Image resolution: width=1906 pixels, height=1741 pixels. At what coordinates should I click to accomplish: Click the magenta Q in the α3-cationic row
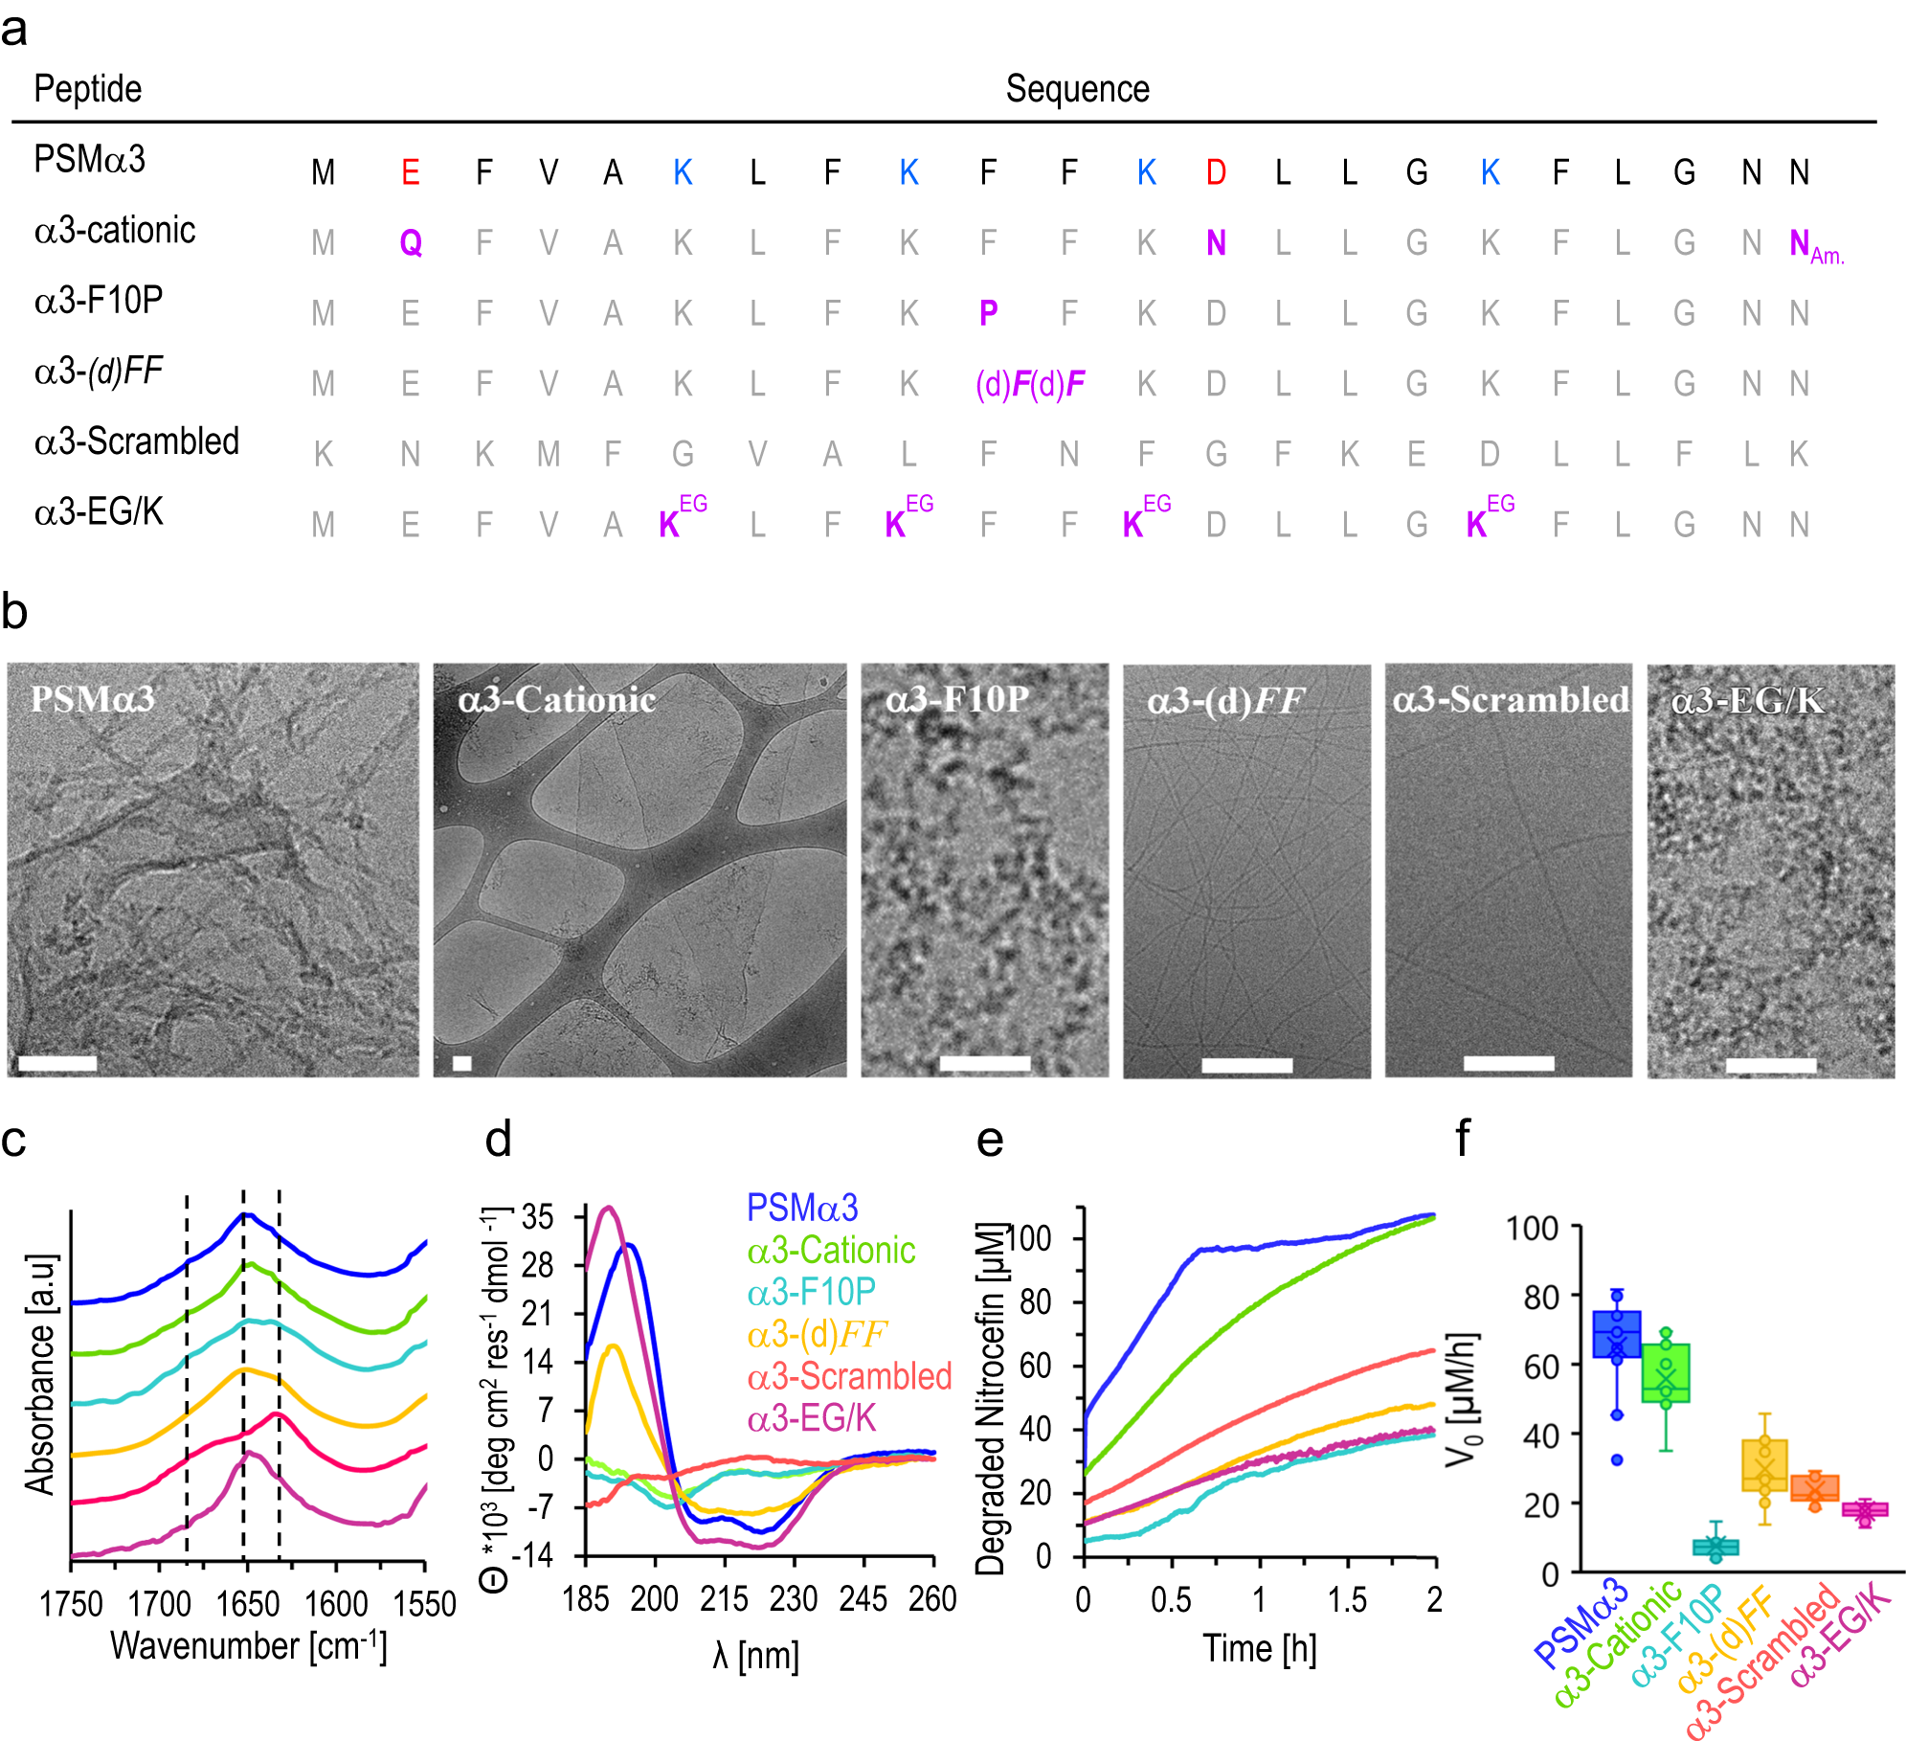point(411,243)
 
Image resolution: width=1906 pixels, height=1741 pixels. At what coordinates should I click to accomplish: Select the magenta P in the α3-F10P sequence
point(989,313)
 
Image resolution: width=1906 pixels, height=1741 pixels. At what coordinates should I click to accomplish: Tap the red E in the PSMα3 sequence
point(411,173)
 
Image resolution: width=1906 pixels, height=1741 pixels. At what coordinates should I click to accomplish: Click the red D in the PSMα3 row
point(1216,173)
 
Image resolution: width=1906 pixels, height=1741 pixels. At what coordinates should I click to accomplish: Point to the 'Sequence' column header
point(1077,89)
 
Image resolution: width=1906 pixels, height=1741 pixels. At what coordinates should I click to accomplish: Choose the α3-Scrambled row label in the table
point(137,442)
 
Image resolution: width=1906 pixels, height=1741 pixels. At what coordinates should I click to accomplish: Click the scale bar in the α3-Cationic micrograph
point(462,1063)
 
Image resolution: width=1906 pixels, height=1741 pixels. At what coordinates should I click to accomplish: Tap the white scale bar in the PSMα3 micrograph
point(57,1063)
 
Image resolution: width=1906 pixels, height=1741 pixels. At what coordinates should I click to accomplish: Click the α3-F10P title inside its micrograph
point(956,700)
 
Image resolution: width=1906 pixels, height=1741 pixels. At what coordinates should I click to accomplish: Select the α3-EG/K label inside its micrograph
point(1747,701)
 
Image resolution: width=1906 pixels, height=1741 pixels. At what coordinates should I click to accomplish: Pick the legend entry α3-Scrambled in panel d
point(849,1376)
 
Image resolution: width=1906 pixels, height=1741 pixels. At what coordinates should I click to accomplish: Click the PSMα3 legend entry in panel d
point(802,1209)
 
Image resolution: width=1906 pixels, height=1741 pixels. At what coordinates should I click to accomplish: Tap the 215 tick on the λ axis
point(724,1598)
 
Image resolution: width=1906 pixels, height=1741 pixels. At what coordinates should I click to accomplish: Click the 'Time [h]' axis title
point(1259,1649)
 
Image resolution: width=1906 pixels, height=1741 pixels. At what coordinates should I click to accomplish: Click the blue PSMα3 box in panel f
point(1617,1334)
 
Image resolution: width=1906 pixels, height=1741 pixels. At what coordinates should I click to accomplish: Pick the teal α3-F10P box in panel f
point(1715,1547)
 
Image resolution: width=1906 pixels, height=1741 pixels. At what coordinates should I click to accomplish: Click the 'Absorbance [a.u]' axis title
point(40,1374)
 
